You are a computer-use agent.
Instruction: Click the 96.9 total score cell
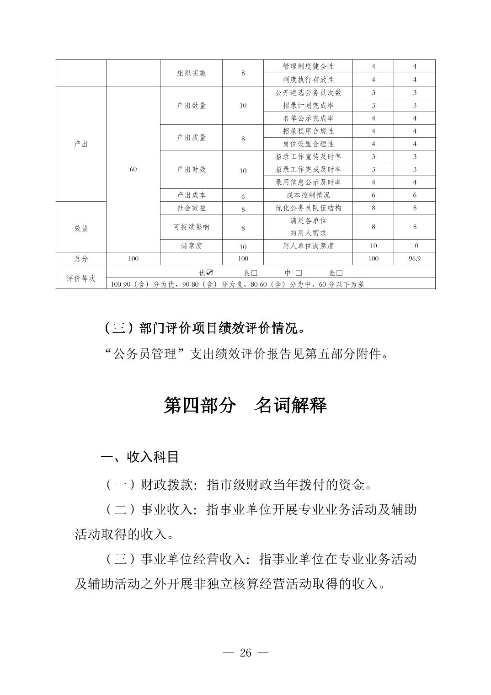pos(415,259)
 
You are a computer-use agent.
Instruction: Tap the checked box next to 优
pos(210,273)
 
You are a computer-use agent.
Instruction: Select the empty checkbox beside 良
pos(254,273)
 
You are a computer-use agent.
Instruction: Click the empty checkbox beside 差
pos(339,273)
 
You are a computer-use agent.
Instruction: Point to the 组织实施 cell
pos(191,73)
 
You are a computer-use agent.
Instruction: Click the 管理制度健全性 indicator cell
pos(308,67)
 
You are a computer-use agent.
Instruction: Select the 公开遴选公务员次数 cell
pos(308,93)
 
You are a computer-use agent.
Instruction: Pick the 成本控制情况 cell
pos(308,195)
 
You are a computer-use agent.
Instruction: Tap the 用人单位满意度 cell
pos(308,246)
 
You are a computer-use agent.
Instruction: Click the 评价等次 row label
pos(81,278)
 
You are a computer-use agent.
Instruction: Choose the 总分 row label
pos(81,259)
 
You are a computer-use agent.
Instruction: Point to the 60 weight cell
pos(133,170)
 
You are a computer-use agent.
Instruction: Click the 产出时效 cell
pos(191,170)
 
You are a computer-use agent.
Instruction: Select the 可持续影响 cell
pos(191,227)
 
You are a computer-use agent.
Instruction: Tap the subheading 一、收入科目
pos(139,457)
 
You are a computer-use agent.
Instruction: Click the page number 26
pos(245,653)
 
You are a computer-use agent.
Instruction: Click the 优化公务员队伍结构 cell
pos(308,208)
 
